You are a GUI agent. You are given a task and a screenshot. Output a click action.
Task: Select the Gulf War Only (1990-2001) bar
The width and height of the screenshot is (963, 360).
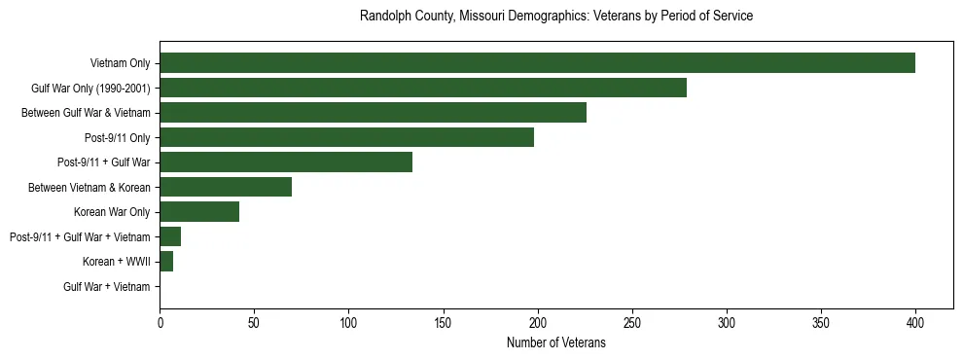click(x=423, y=88)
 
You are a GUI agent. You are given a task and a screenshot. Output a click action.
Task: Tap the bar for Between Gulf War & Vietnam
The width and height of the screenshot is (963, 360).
click(x=373, y=113)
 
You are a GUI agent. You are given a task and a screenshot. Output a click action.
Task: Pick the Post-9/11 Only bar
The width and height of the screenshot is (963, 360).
click(x=346, y=137)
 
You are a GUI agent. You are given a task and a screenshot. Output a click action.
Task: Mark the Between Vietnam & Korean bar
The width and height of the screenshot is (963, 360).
click(x=226, y=187)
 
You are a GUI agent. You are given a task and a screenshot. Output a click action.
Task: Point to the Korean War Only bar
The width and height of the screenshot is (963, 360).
click(x=199, y=212)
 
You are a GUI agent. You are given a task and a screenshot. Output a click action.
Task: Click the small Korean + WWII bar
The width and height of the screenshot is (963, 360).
click(x=166, y=262)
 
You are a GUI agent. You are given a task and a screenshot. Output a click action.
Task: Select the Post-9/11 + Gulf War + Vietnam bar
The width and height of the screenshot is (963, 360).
click(x=170, y=236)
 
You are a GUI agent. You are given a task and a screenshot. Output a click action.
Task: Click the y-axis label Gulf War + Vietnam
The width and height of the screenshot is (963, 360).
click(x=107, y=287)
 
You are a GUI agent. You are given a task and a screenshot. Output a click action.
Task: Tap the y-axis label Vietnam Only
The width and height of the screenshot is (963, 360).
click(x=120, y=63)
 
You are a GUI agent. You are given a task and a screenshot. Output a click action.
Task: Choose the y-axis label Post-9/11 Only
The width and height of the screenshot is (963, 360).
click(x=118, y=137)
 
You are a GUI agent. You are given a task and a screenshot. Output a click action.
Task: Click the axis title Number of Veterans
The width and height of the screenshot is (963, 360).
click(x=556, y=343)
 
